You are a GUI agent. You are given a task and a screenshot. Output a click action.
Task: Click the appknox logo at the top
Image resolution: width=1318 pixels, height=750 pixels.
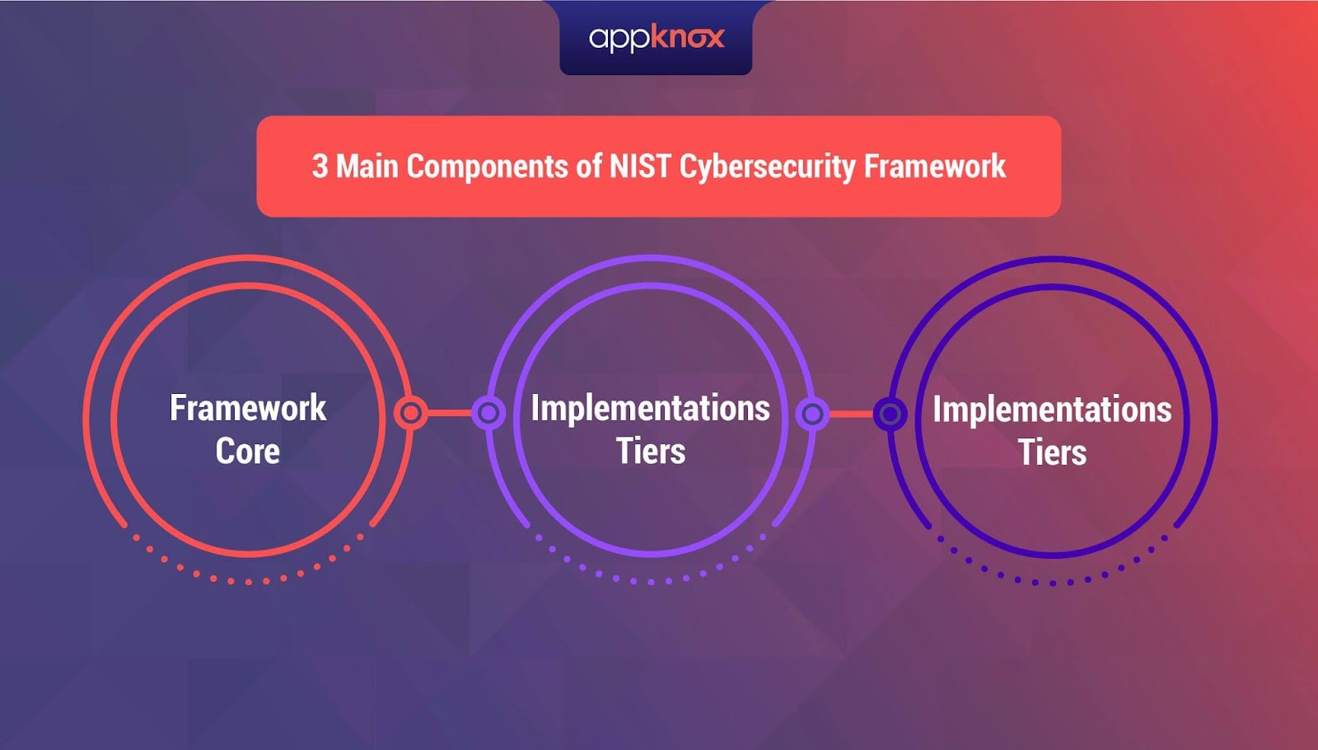(657, 39)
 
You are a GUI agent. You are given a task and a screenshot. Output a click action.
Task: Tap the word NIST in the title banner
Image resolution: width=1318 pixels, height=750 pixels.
(640, 166)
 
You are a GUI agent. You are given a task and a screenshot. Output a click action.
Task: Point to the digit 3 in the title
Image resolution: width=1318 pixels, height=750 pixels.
(320, 166)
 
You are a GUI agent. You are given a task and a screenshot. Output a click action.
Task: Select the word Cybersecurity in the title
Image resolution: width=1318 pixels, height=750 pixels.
(767, 167)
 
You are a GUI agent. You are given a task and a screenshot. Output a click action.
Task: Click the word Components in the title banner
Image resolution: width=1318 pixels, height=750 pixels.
(487, 167)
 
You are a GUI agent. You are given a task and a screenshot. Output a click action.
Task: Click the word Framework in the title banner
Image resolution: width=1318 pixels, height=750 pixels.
(935, 166)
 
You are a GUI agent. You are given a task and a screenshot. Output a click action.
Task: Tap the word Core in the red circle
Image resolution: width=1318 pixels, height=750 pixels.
(247, 452)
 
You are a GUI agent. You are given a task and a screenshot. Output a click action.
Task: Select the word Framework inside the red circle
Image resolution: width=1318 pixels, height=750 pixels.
(248, 407)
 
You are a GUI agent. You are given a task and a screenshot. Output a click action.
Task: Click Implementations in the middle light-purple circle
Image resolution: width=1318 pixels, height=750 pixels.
(650, 408)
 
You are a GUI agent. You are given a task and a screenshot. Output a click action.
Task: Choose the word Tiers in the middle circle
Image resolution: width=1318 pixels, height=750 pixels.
(651, 452)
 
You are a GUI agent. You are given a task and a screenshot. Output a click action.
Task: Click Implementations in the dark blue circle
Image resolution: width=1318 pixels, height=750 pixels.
(1052, 410)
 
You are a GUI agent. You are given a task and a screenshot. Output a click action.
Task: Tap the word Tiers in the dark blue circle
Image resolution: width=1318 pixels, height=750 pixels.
(1052, 452)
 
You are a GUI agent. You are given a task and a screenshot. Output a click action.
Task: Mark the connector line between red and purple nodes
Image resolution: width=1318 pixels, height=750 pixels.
(450, 413)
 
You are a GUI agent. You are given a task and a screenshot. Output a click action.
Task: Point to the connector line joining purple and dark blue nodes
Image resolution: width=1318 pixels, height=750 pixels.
(852, 414)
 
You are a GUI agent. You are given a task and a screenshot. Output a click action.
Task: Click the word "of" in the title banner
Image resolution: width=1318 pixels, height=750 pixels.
(589, 166)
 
